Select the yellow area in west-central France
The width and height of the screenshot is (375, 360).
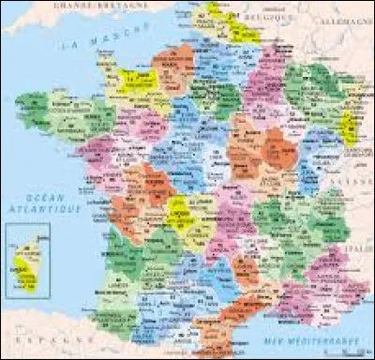[179, 215]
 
